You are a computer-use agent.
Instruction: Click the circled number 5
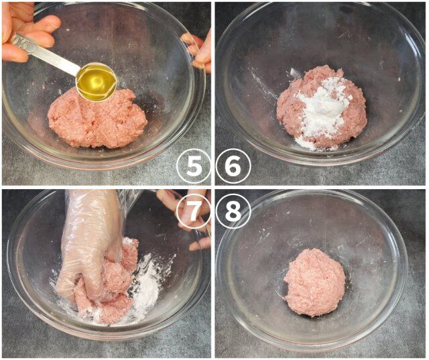(x=193, y=166)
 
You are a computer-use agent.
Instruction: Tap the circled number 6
(x=233, y=166)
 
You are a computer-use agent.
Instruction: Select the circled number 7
(x=193, y=211)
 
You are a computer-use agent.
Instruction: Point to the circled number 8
(x=233, y=211)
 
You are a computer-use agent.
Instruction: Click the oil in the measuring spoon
(x=95, y=82)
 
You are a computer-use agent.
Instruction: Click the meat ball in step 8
(x=314, y=282)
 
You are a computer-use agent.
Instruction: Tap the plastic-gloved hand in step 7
(x=90, y=241)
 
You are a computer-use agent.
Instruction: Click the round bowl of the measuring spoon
(x=95, y=82)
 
